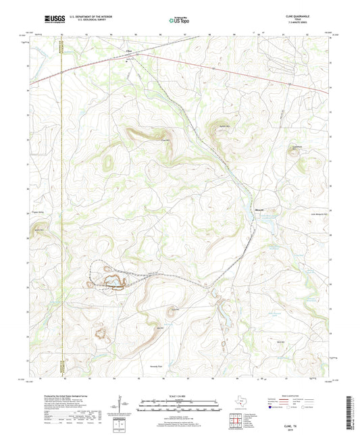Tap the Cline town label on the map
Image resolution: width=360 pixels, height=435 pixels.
click(127, 51)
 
